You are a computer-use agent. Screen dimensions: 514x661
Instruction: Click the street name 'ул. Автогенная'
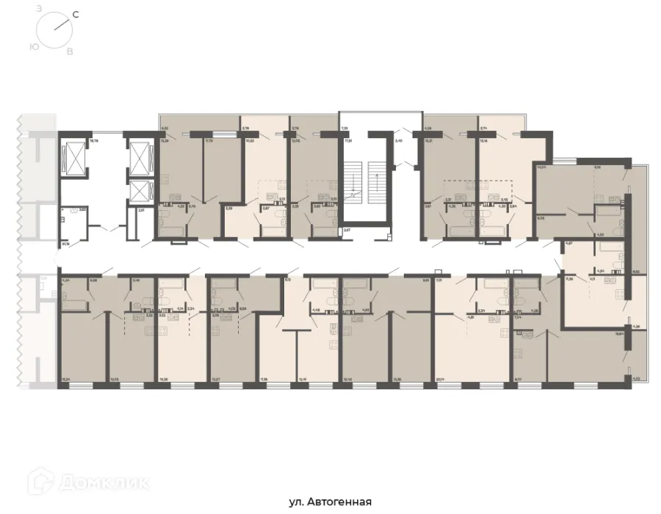tap(330, 502)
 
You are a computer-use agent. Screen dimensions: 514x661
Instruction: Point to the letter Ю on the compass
tap(35, 46)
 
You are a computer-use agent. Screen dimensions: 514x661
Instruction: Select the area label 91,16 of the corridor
tap(65, 243)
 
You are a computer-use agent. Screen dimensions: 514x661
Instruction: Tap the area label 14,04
tap(542, 168)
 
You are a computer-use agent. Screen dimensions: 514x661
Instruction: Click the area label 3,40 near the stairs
tap(399, 140)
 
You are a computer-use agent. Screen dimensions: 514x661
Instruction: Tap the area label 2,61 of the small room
tap(140, 210)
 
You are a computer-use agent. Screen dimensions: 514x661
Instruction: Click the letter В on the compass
tap(70, 52)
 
